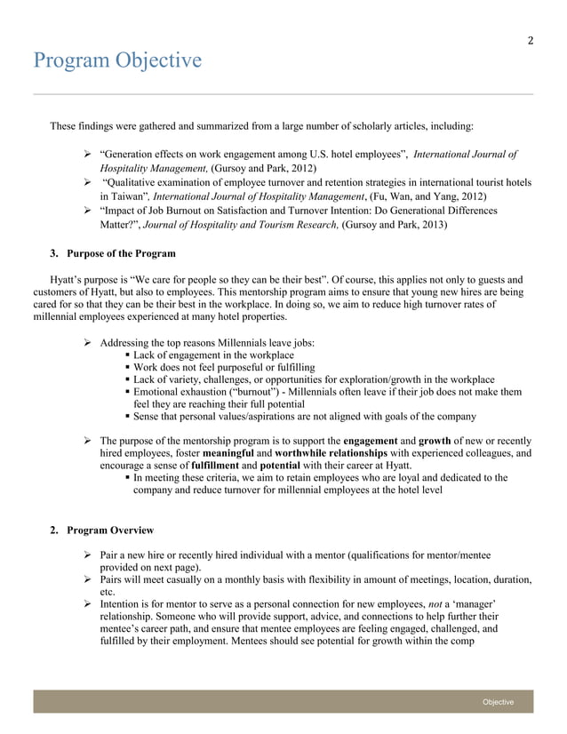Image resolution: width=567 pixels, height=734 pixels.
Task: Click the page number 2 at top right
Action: pyautogui.click(x=531, y=39)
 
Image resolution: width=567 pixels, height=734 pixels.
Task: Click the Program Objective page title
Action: pyautogui.click(x=117, y=60)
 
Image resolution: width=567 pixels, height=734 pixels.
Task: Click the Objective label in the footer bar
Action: pyautogui.click(x=498, y=702)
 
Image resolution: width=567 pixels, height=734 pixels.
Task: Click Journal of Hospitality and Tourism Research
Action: pyautogui.click(x=245, y=226)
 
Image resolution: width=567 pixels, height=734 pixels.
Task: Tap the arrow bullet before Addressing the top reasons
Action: pyautogui.click(x=88, y=343)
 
